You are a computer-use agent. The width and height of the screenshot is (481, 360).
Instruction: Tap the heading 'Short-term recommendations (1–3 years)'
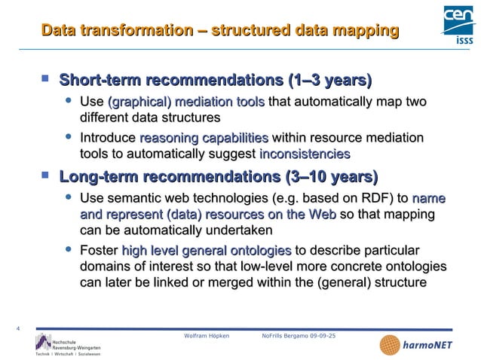(x=216, y=80)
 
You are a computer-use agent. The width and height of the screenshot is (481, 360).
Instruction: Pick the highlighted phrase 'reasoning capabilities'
(x=204, y=139)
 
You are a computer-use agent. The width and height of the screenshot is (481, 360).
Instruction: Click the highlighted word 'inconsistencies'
(x=305, y=154)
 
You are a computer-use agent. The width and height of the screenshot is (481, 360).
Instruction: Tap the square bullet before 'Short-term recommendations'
(x=45, y=78)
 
